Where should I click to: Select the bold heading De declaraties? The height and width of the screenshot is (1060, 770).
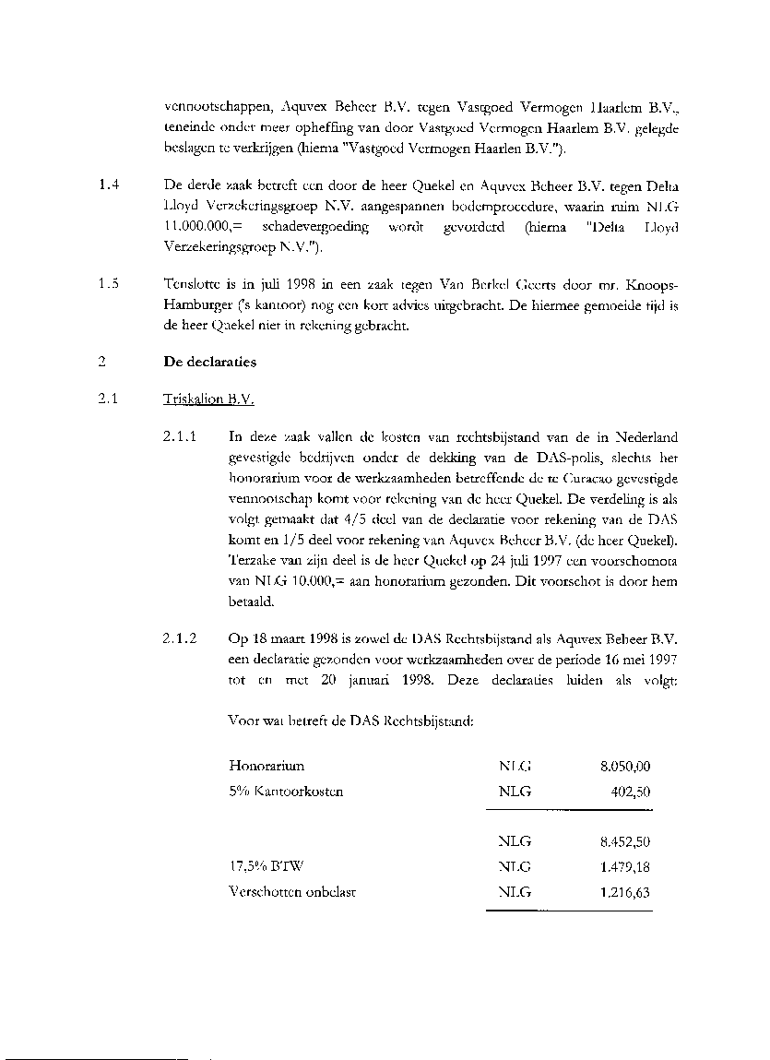pos(209,363)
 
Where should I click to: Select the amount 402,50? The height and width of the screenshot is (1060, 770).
pos(632,792)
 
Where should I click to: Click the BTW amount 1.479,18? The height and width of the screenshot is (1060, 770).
pos(625,866)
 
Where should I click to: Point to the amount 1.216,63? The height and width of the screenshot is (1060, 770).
pos(625,892)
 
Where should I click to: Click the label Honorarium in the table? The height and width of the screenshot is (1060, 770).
pos(267,767)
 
